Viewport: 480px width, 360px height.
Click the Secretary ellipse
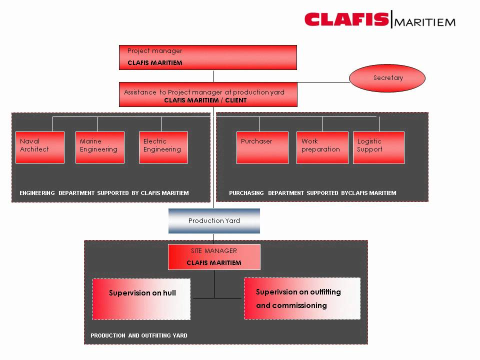[387, 78]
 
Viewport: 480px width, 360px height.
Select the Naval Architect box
[40, 147]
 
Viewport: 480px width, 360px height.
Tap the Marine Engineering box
[100, 147]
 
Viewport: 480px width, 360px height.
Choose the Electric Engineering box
[163, 147]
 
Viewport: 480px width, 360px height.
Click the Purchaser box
[262, 147]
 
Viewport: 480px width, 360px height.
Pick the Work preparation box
[322, 147]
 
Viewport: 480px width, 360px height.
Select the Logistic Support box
[378, 147]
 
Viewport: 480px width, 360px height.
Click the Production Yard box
[214, 221]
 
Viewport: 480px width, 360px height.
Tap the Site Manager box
[214, 257]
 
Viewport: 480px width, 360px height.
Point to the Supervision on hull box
[141, 299]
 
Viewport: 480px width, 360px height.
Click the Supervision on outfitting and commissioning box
[302, 298]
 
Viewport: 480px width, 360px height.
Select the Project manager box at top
[207, 57]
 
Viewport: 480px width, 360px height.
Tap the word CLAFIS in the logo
[346, 20]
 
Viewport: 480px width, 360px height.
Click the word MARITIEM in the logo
[425, 22]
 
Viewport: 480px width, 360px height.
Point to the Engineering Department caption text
[104, 193]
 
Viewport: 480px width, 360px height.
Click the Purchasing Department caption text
[312, 193]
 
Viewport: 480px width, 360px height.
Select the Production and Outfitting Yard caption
[139, 335]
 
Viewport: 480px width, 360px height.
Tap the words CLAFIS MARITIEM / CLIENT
[205, 100]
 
